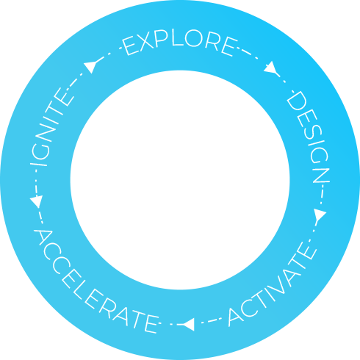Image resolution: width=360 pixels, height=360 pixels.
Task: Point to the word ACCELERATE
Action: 94,284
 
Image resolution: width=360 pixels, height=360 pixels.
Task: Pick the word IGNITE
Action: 50,127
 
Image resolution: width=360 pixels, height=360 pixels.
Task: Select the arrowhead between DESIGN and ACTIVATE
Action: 320,215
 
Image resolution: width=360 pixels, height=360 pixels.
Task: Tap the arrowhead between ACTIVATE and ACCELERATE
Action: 189,325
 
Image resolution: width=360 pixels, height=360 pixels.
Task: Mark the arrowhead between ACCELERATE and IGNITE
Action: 36,201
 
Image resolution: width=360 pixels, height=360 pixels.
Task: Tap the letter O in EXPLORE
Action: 194,38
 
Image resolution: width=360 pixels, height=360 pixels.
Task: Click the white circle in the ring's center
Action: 180,180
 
